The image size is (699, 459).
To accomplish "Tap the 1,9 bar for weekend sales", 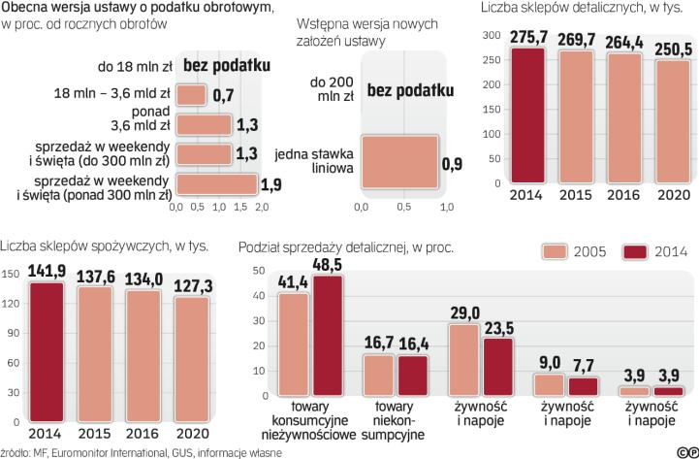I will pyautogui.click(x=216, y=183).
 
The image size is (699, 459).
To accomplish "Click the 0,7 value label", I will pyautogui.click(x=223, y=95).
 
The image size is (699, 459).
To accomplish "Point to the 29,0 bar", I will pyautogui.click(x=464, y=359).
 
